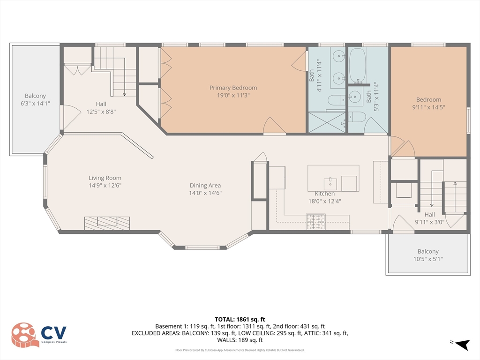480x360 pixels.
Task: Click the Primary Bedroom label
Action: (233, 88)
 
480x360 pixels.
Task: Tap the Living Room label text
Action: (105, 178)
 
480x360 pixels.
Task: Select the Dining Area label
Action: (205, 185)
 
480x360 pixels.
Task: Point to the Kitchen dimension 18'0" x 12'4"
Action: (324, 201)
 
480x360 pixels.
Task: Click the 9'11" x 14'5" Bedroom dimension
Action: (428, 107)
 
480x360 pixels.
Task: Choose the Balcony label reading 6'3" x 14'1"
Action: (36, 103)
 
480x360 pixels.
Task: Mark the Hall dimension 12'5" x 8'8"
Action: (101, 112)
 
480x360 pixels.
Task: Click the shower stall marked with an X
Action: (327, 122)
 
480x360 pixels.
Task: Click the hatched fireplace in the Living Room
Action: (107, 223)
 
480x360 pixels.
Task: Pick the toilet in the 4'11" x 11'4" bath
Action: (335, 100)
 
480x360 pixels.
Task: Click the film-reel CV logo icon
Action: (25, 335)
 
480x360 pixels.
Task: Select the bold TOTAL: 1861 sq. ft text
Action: (240, 319)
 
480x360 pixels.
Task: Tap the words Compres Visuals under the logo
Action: (54, 343)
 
